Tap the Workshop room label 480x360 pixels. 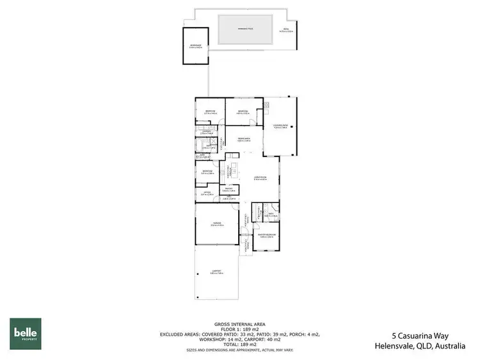tap(195, 45)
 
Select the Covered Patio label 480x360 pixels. tap(280, 126)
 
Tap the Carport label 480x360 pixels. tap(216, 272)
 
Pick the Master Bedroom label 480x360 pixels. tap(266, 236)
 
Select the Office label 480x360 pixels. tap(207, 193)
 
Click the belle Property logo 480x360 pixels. tap(25, 333)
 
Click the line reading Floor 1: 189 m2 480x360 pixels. tap(240, 329)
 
